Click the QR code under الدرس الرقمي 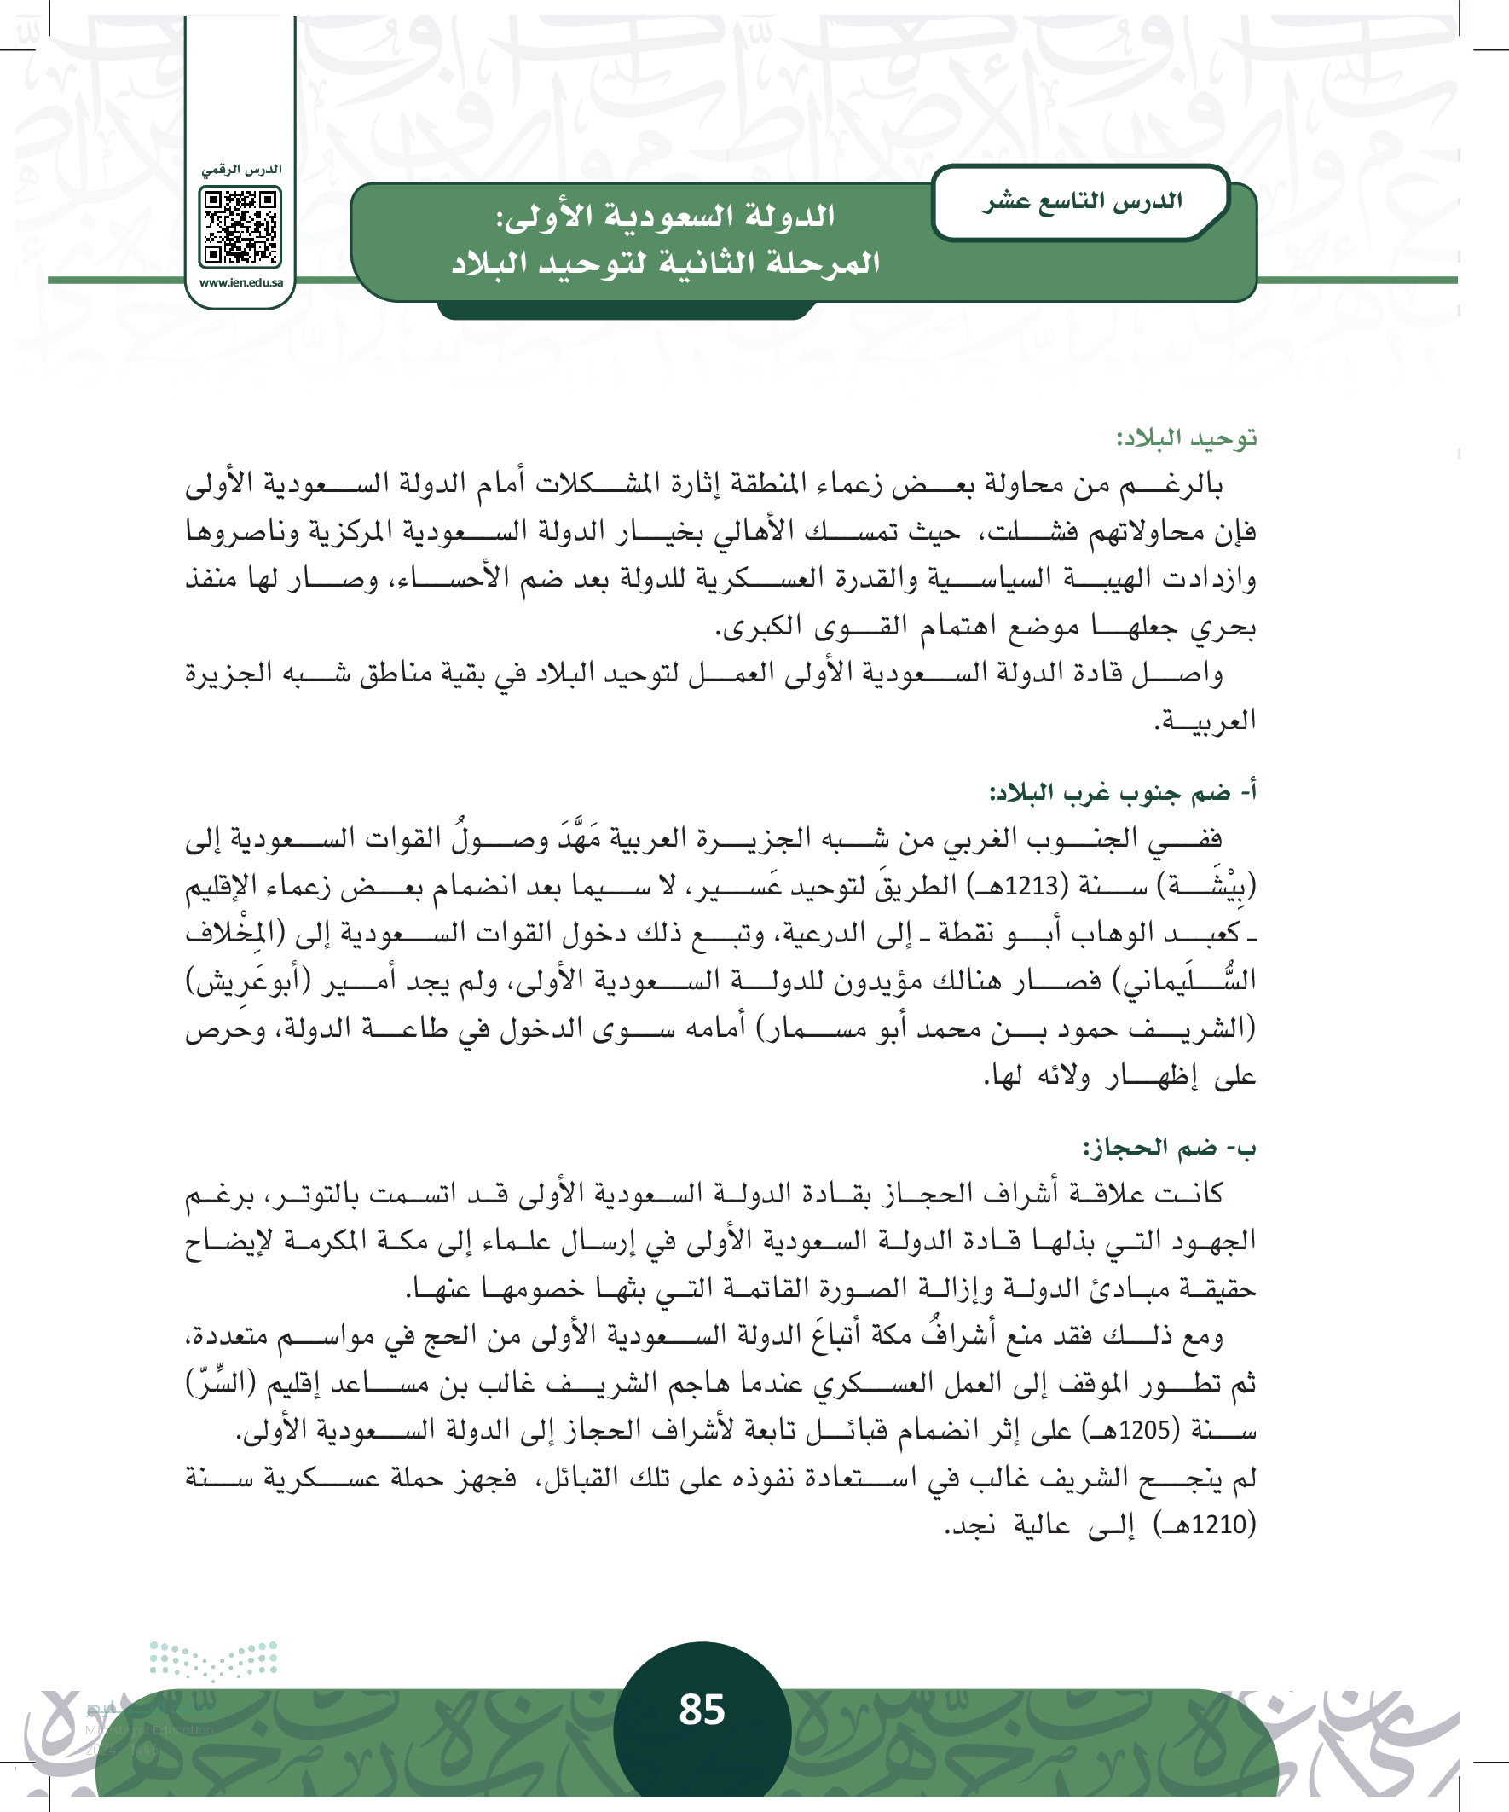coord(240,227)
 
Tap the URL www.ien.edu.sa coord(240,282)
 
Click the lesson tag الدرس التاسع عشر coord(1081,202)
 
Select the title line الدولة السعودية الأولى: coord(665,216)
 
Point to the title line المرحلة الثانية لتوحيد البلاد coord(665,263)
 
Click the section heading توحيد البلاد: coord(1187,438)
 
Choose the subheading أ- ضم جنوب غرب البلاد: coord(1123,792)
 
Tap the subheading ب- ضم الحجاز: coord(1170,1148)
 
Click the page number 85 coord(702,1710)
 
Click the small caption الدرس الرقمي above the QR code coord(241,170)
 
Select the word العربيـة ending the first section coord(1205,720)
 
